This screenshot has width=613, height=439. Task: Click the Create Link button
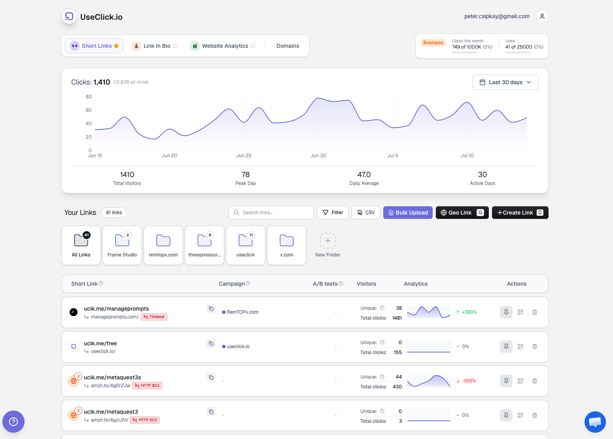(x=520, y=213)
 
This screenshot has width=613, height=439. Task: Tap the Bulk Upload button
(x=408, y=213)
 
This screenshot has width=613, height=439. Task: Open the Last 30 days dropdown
(x=505, y=82)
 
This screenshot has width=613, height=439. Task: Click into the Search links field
(x=271, y=213)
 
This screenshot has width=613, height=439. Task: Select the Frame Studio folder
(x=122, y=245)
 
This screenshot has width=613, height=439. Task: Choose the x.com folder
(x=286, y=245)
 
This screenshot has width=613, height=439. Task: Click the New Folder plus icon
(x=327, y=241)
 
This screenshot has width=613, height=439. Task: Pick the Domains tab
(x=288, y=46)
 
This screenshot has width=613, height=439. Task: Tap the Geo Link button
(x=462, y=213)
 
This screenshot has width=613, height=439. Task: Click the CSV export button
(x=365, y=213)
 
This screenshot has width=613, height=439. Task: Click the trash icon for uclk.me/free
(x=534, y=346)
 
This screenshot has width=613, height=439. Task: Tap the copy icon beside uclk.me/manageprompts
(x=211, y=309)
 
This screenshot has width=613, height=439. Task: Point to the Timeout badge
(x=154, y=317)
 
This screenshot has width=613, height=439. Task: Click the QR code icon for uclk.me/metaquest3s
(x=520, y=381)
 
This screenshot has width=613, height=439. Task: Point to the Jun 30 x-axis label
(x=318, y=156)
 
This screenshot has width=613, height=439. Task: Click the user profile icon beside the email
(x=542, y=17)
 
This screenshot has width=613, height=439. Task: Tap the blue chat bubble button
(x=595, y=422)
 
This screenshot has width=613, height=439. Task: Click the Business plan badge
(x=433, y=43)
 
